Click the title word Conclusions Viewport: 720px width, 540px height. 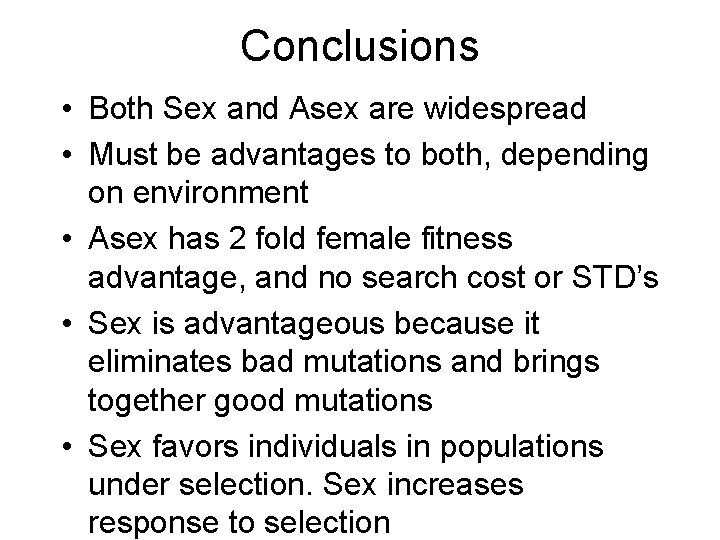pyautogui.click(x=360, y=45)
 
